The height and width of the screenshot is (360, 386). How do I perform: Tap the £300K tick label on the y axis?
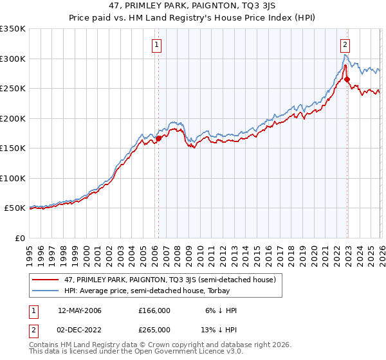[13, 59]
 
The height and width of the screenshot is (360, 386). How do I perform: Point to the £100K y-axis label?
[13, 178]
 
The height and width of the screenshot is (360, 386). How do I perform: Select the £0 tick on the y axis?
[19, 238]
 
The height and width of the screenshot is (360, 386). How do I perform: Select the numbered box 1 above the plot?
[157, 44]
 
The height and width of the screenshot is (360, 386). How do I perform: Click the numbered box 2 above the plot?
[345, 44]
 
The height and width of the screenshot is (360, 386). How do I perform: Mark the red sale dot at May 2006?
[158, 138]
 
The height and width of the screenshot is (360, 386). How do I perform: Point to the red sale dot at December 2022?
[347, 80]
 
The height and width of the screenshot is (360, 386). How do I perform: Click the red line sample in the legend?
[47, 280]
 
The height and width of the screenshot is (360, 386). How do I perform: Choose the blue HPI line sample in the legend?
[47, 291]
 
